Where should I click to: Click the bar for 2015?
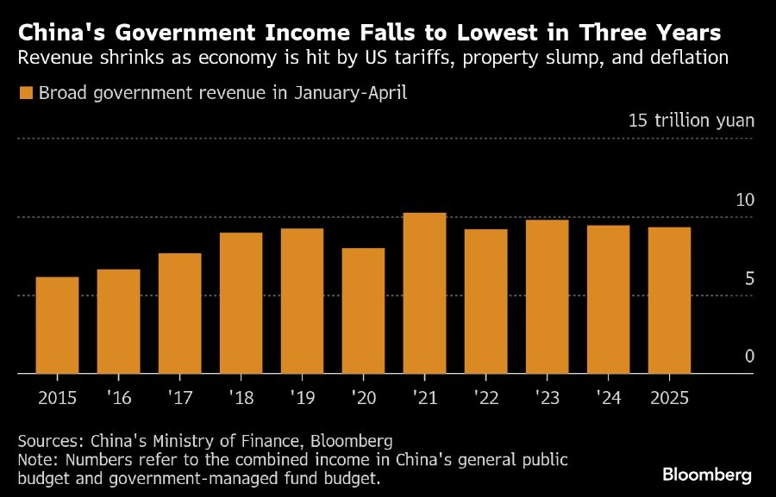click(57, 325)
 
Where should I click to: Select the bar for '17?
click(179, 313)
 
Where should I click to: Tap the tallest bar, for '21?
click(424, 293)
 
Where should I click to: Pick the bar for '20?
click(363, 310)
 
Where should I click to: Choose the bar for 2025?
click(669, 300)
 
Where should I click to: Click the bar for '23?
click(547, 296)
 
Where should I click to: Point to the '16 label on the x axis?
click(118, 399)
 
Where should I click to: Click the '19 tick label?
click(302, 399)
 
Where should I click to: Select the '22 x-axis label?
click(485, 399)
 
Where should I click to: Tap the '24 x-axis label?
click(608, 399)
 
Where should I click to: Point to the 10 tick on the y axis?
click(744, 200)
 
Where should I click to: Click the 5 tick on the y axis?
click(749, 278)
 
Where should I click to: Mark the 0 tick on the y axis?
click(749, 357)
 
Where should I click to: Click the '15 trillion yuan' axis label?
click(692, 120)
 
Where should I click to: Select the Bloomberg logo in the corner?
click(707, 475)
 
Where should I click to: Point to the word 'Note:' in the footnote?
click(38, 461)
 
